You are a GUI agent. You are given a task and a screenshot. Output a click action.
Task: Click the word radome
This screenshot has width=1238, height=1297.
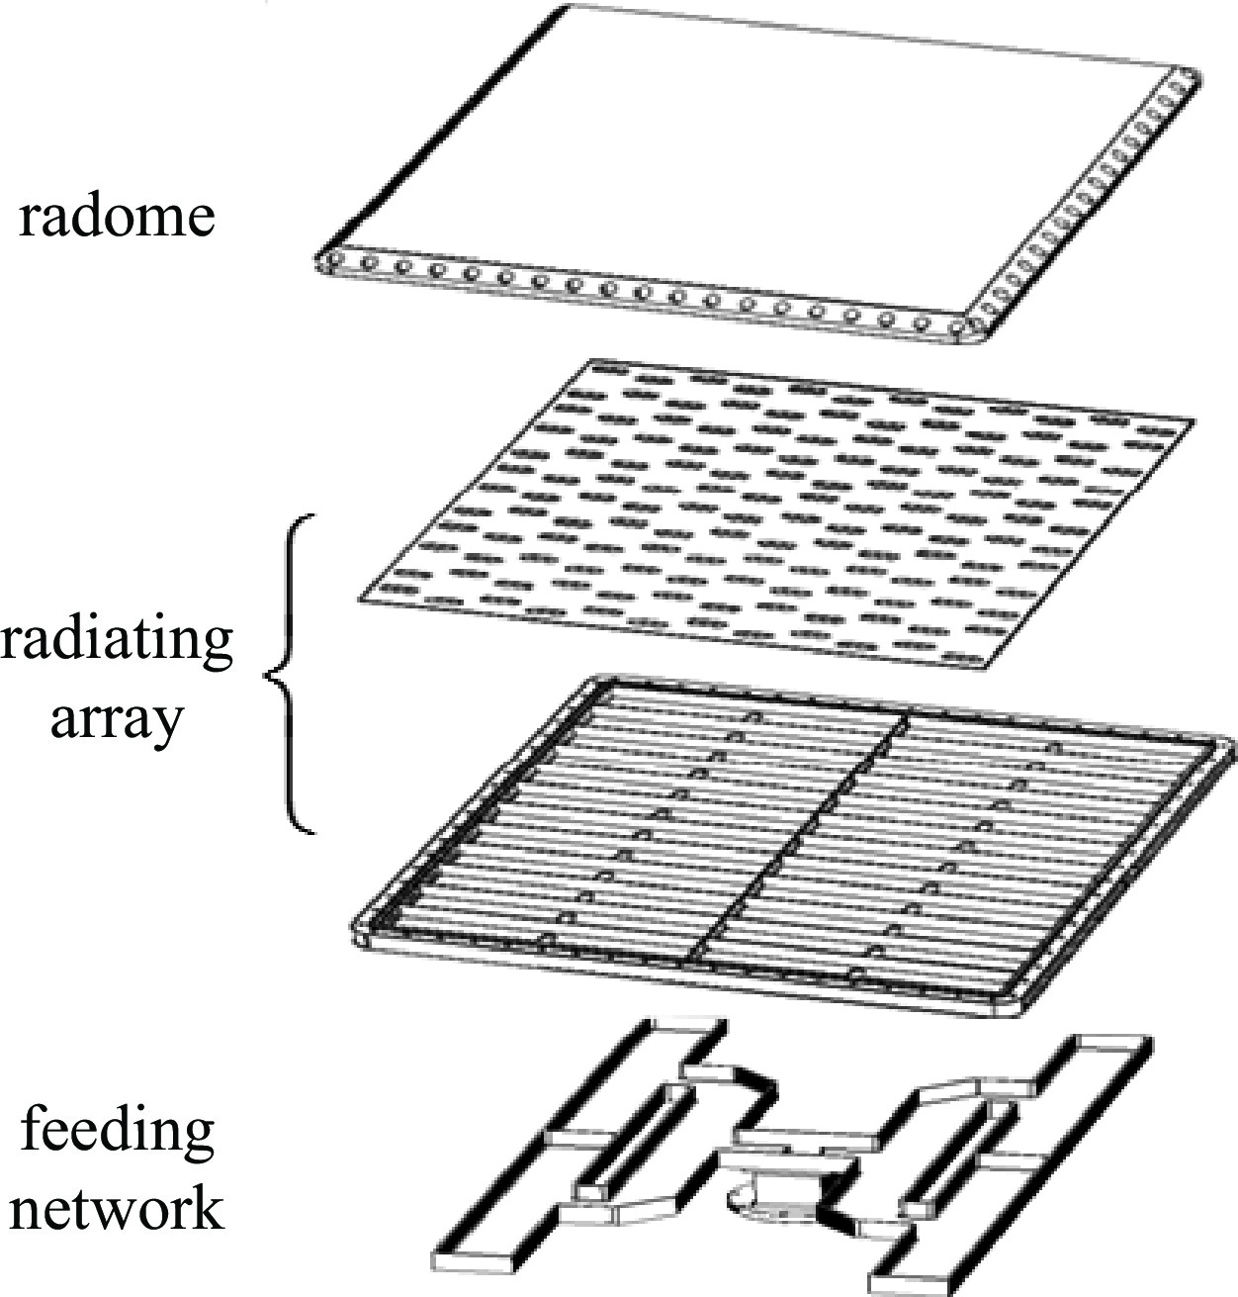coord(117,215)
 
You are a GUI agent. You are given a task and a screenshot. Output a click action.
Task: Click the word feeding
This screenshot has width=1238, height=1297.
coord(118,1131)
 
